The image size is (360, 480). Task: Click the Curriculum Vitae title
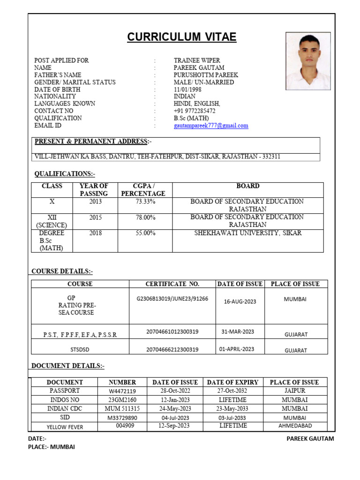click(182, 37)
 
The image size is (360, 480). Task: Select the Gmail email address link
click(211, 126)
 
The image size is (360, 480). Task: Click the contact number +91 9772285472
click(195, 111)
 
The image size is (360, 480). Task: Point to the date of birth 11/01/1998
click(188, 90)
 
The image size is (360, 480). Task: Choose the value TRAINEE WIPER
click(196, 60)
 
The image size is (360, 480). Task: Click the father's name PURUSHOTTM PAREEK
click(206, 75)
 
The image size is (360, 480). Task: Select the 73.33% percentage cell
click(145, 202)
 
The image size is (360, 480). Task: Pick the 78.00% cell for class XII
click(145, 217)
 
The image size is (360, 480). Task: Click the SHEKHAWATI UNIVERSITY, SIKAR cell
click(247, 233)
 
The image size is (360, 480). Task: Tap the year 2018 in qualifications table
click(95, 233)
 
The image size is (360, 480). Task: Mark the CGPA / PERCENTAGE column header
click(143, 190)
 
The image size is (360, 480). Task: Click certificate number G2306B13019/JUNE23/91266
click(172, 299)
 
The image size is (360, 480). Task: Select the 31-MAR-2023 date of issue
click(238, 332)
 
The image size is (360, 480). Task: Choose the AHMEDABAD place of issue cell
click(295, 426)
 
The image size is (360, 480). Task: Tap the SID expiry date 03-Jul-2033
click(232, 418)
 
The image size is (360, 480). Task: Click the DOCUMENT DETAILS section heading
click(68, 366)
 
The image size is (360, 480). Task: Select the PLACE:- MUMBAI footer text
click(52, 447)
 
